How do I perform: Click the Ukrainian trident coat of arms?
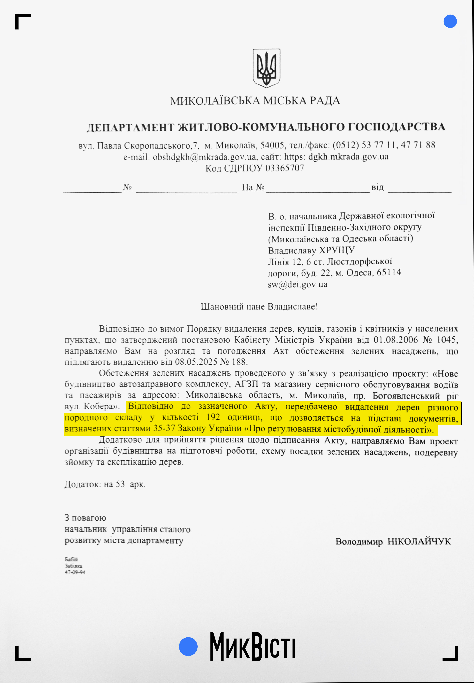[266, 68]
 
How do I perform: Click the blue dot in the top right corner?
[450, 21]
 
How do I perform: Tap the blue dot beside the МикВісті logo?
[188, 646]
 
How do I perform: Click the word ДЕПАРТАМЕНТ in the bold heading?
[130, 128]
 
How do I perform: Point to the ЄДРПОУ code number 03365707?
[285, 168]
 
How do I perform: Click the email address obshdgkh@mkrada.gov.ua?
[204, 157]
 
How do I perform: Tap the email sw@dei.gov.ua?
[298, 284]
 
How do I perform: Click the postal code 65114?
[389, 272]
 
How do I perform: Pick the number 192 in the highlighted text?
[213, 417]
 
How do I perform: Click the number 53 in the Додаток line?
[120, 484]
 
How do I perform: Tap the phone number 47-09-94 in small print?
[75, 572]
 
